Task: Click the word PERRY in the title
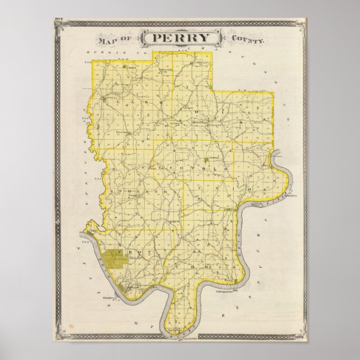click(180, 39)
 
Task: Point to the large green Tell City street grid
click(114, 260)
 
